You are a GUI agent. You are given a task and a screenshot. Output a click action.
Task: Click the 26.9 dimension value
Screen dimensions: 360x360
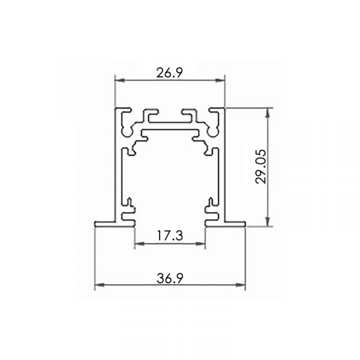pyautogui.click(x=169, y=73)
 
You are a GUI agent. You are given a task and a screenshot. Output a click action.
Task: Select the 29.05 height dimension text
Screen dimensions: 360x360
pyautogui.click(x=261, y=166)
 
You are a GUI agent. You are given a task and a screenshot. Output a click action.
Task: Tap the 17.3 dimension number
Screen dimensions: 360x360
pyautogui.click(x=170, y=236)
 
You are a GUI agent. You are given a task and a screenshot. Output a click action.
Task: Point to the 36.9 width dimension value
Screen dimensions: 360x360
pyautogui.click(x=170, y=278)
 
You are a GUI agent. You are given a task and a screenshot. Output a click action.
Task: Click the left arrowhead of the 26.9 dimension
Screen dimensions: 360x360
pyautogui.click(x=119, y=80)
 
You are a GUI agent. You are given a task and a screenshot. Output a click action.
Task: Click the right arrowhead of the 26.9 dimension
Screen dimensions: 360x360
pyautogui.click(x=220, y=80)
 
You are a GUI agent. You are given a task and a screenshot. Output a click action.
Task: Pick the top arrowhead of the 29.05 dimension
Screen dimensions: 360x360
pyautogui.click(x=267, y=113)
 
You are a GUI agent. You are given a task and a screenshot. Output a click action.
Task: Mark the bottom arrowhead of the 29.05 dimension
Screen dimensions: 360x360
pyautogui.click(x=267, y=221)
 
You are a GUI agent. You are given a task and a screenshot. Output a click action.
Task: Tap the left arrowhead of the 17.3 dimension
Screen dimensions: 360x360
pyautogui.click(x=140, y=244)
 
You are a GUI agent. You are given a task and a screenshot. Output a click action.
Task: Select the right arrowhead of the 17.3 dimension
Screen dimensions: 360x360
pyautogui.click(x=200, y=244)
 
